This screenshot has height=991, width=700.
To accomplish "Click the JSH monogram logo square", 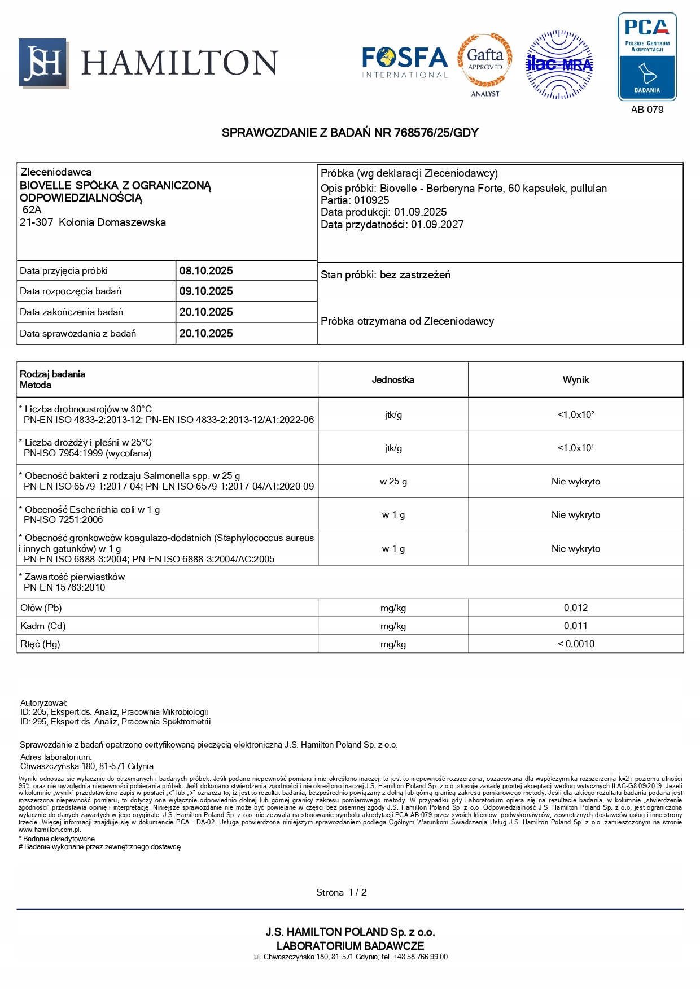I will click(43, 63).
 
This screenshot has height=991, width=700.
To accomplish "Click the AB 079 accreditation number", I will click(647, 110).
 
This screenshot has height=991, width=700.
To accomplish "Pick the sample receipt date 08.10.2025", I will click(206, 271).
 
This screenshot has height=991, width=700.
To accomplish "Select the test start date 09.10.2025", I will click(206, 291).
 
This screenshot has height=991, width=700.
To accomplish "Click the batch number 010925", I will click(371, 200).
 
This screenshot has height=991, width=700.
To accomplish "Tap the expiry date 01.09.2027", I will click(437, 225).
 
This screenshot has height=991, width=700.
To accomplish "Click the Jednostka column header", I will click(393, 380).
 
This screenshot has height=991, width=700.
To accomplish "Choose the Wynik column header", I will click(575, 380).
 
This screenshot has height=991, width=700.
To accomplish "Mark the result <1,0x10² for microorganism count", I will click(575, 415).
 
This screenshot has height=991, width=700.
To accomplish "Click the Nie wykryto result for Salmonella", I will click(575, 482).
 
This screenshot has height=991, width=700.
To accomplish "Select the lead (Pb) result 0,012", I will click(575, 608).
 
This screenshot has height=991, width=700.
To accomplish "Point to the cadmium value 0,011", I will click(575, 626).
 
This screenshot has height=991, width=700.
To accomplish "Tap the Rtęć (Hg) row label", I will click(40, 644).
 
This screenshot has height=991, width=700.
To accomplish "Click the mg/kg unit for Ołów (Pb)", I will click(393, 608).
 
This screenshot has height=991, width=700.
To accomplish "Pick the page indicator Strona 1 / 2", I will click(341, 893).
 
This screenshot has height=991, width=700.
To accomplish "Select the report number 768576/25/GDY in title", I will click(436, 133).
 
